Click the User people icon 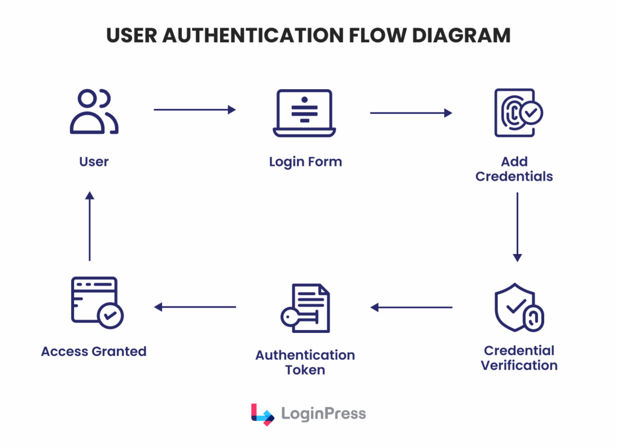pos(94,112)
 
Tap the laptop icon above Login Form pos(304,113)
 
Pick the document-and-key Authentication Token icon pos(305,308)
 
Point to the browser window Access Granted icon pos(96,303)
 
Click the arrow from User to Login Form pos(195,110)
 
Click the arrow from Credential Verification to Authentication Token pos(412,307)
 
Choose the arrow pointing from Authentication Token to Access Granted pos(195,307)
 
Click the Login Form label pos(305,162)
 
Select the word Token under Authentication pos(305,370)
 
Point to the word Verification pos(519,365)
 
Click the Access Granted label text pos(93,351)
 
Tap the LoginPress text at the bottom pos(323,414)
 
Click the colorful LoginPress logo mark pos(262,414)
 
